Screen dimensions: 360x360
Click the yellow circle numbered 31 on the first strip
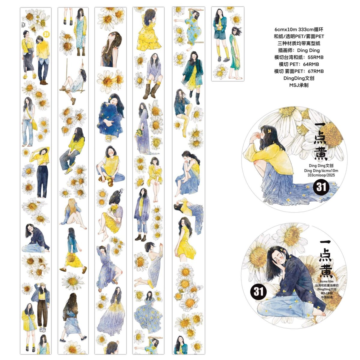click(x=46, y=34)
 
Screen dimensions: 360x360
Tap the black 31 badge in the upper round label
click(x=321, y=187)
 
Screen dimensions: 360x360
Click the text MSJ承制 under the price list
click(x=299, y=85)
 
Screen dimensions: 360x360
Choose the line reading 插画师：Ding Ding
click(x=299, y=50)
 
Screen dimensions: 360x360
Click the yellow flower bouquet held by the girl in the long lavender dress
click(x=139, y=132)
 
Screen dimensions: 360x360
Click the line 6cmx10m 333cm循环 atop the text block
click(x=299, y=29)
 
